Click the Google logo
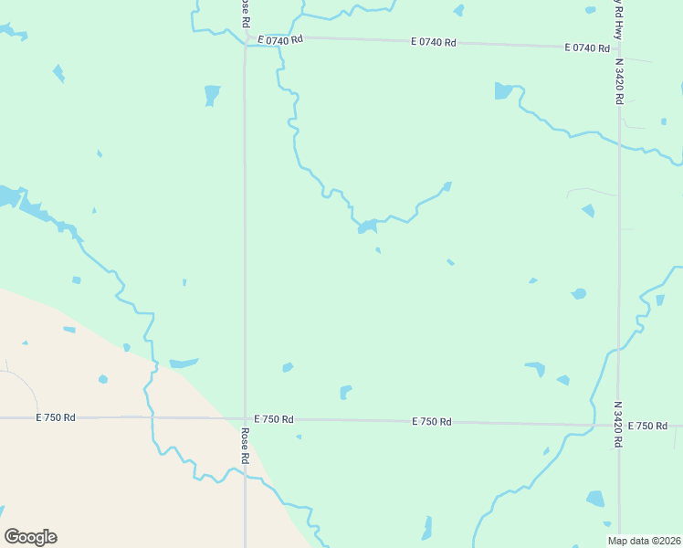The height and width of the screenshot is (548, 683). tap(30, 537)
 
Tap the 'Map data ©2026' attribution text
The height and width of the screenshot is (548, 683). tap(644, 541)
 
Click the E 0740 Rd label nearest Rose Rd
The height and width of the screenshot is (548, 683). tap(279, 40)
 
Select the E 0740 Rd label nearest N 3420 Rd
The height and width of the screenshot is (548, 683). tap(586, 47)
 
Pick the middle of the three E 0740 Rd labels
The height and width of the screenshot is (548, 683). tap(434, 44)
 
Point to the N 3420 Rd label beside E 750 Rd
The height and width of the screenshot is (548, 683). tap(618, 424)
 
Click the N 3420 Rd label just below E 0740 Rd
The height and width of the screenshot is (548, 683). tap(619, 82)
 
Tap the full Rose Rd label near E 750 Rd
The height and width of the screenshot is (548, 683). tap(246, 445)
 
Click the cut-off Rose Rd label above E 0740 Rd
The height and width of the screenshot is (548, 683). tap(245, 11)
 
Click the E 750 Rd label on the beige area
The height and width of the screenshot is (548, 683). tap(56, 417)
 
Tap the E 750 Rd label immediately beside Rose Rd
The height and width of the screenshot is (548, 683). tap(274, 419)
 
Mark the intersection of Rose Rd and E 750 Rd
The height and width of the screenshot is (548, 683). tap(245, 419)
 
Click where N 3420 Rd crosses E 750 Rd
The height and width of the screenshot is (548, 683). tap(619, 426)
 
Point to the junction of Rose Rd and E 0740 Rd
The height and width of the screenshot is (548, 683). tap(245, 39)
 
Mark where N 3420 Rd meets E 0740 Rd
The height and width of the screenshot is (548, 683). tap(619, 47)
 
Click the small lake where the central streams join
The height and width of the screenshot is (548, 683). tap(367, 227)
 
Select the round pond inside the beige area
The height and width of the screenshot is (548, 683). tap(103, 379)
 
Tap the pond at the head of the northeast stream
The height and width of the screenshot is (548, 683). tap(504, 90)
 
